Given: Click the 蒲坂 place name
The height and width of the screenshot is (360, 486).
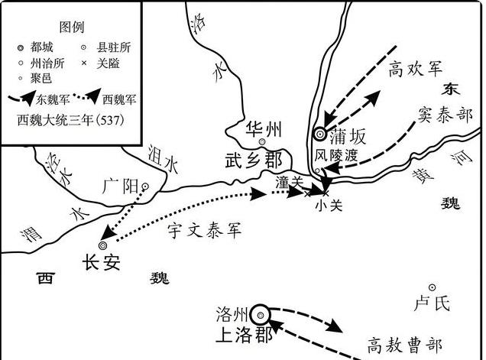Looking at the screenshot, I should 348,138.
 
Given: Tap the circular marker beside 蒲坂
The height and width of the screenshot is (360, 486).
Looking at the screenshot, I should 320,135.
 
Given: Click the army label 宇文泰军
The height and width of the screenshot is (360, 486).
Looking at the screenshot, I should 204,230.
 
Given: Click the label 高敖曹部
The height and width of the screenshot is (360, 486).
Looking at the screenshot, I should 405,344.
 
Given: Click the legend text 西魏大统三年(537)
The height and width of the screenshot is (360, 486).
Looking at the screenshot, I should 71,120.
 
